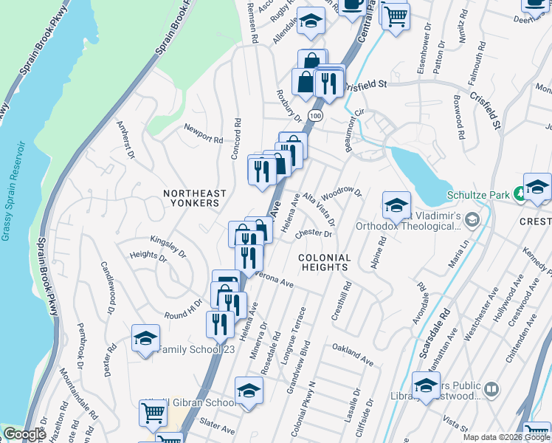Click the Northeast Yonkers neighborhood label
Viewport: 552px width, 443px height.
pyautogui.click(x=192, y=197)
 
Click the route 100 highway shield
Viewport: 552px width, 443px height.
pyautogui.click(x=316, y=116)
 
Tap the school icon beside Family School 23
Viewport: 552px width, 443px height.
pyautogui.click(x=145, y=337)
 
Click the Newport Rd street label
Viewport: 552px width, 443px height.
pyautogui.click(x=204, y=138)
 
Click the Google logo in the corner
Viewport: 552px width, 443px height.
pyautogui.click(x=24, y=434)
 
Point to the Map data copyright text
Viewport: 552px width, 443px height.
pyautogui.click(x=506, y=437)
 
